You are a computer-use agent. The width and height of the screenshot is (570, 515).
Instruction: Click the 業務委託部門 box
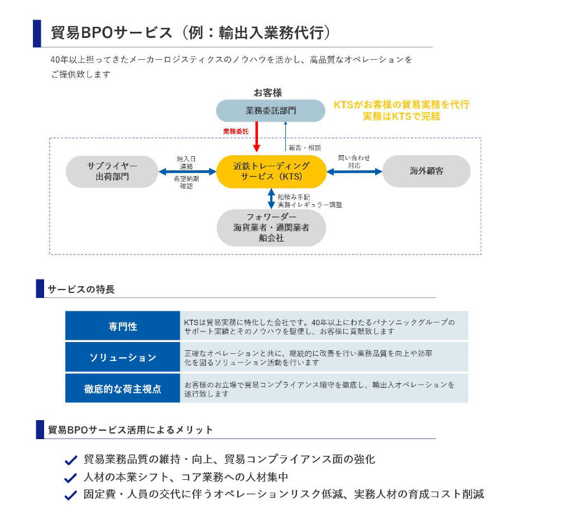(270, 110)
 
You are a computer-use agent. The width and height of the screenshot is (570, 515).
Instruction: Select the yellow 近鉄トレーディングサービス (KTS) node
(271, 171)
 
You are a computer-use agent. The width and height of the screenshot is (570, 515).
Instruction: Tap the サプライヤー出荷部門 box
(112, 171)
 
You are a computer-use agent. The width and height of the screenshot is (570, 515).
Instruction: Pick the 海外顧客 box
(426, 171)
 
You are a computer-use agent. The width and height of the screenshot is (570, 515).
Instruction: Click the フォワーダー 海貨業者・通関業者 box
(271, 227)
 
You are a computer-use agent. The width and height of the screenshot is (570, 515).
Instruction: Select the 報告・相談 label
(305, 148)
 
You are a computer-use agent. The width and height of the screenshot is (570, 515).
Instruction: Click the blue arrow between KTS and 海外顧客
(354, 172)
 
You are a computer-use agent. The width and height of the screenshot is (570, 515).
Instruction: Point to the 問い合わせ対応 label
(354, 162)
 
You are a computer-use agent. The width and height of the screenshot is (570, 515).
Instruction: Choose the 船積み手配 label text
(294, 197)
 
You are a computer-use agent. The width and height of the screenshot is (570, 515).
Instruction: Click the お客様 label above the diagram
(267, 93)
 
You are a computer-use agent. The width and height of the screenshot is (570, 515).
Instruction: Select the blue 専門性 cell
(123, 326)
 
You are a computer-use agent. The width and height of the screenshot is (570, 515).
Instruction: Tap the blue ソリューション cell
(123, 358)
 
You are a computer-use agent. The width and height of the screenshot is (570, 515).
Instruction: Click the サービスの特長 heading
(81, 289)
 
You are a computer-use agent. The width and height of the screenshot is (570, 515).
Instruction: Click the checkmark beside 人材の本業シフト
(70, 478)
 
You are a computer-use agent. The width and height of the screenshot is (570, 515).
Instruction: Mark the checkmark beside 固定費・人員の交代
(70, 495)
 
